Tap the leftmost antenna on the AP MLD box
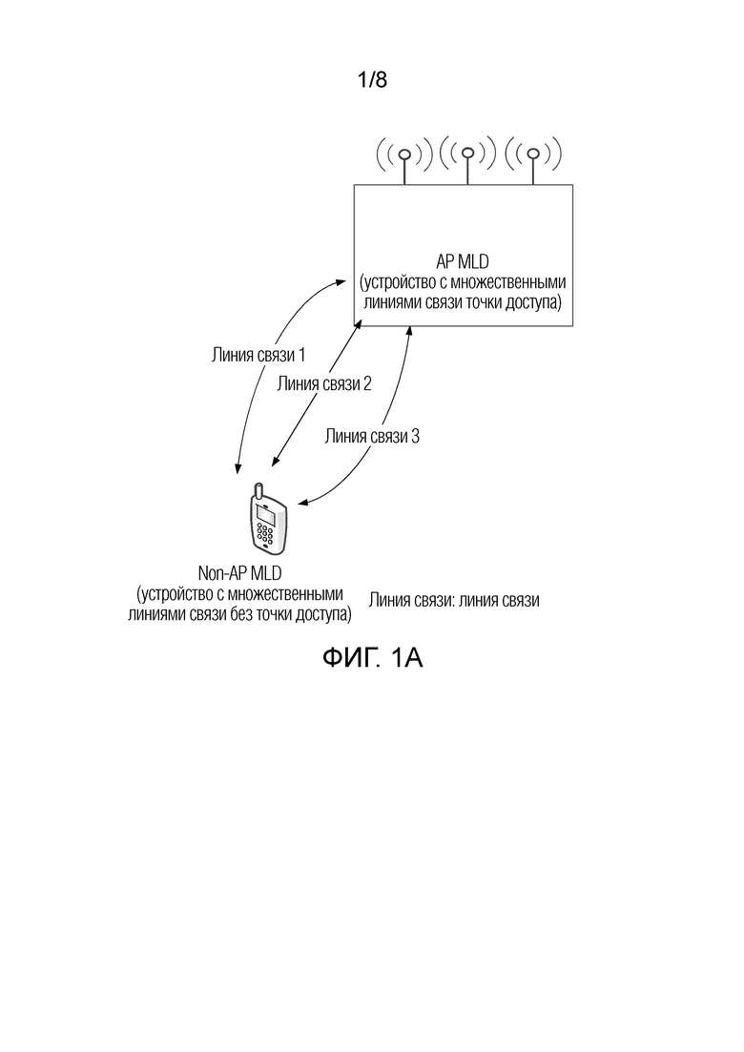coord(404,155)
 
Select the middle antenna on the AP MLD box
coord(467,155)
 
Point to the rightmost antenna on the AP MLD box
coord(532,155)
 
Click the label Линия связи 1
coord(258,356)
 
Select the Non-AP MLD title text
coord(238,573)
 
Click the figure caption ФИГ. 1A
coord(371,658)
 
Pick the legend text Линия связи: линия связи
coord(455,601)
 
